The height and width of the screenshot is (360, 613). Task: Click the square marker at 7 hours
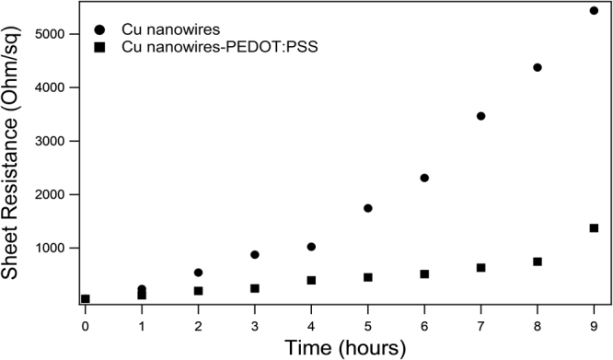click(x=480, y=268)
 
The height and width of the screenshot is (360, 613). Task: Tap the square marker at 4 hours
click(x=312, y=280)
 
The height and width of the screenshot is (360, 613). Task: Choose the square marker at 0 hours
click(x=86, y=298)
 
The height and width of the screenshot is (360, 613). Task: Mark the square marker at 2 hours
click(x=199, y=291)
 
